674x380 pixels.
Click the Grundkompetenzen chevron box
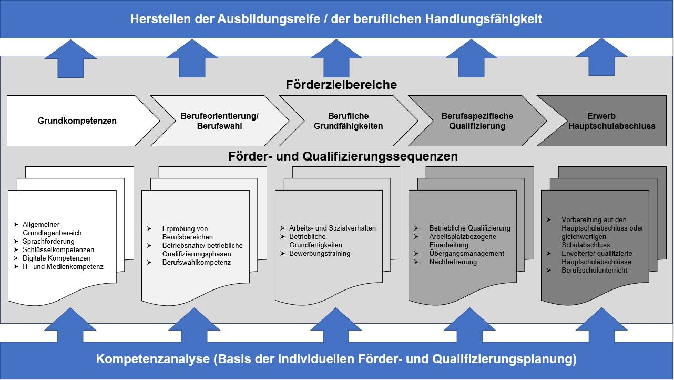(77, 121)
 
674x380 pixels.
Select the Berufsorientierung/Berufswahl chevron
(219, 121)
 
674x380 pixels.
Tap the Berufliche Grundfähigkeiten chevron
(348, 121)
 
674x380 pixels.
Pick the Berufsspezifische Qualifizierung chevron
(477, 121)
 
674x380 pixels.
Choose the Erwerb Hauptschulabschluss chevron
(605, 121)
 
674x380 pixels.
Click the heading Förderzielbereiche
(341, 85)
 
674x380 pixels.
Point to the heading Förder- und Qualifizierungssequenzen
(343, 156)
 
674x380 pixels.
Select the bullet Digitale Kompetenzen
(57, 258)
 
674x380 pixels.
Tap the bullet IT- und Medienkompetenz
(63, 267)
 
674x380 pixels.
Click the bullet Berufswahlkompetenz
(197, 262)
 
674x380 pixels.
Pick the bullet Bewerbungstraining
(320, 253)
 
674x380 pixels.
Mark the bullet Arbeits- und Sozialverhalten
(332, 228)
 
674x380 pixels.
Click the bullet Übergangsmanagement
(466, 254)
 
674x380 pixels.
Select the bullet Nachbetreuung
(453, 262)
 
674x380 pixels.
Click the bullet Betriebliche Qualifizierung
(469, 228)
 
